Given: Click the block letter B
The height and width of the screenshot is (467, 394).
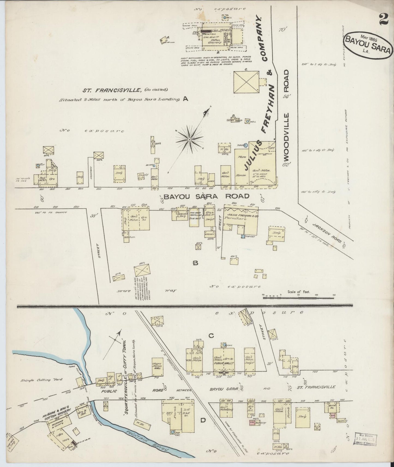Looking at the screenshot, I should pyautogui.click(x=195, y=263).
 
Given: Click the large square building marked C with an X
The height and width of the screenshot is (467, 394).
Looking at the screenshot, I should pyautogui.click(x=246, y=82).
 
